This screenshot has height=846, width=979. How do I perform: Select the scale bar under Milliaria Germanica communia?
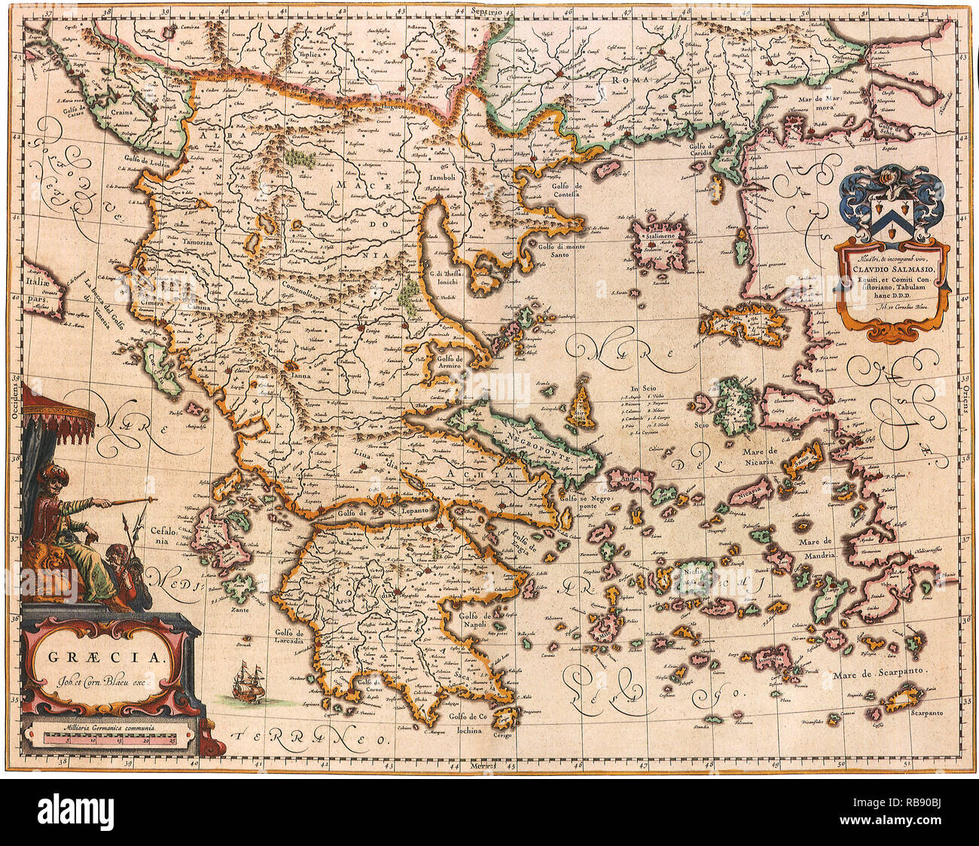(111, 741)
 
